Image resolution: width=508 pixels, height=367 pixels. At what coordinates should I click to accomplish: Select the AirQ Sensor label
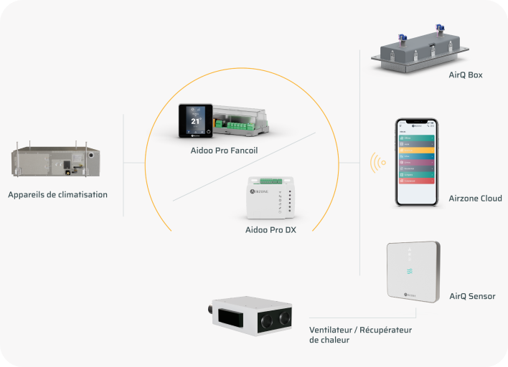point(472,296)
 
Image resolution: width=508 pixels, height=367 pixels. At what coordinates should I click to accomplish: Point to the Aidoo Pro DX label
point(271,230)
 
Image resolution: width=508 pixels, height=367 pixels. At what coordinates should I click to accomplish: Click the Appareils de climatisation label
point(58,194)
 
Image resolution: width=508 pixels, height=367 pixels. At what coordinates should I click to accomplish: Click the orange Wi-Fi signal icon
point(377,163)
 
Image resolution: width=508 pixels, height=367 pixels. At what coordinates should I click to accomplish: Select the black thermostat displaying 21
point(194,120)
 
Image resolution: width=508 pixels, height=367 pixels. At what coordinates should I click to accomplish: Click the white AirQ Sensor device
point(412,272)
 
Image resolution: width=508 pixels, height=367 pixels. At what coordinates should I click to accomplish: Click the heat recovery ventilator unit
point(254,316)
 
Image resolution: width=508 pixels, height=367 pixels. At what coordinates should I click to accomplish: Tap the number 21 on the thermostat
point(194,121)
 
